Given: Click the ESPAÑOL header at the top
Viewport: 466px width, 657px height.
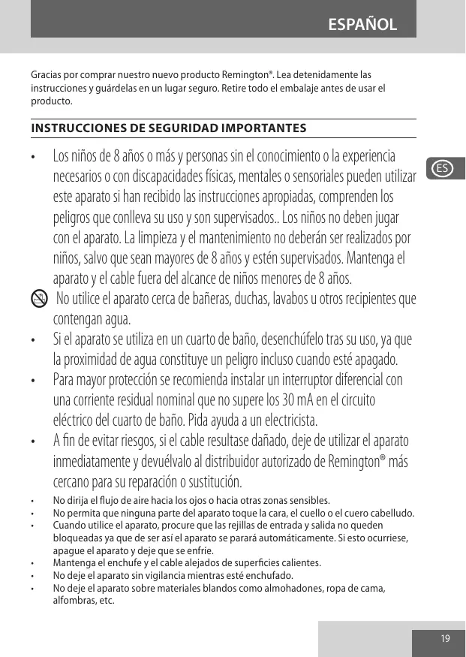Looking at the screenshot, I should coord(362,24).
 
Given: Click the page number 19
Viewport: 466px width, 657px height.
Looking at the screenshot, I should coord(446,638).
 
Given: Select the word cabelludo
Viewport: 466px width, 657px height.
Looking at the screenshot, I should coord(389,513).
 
